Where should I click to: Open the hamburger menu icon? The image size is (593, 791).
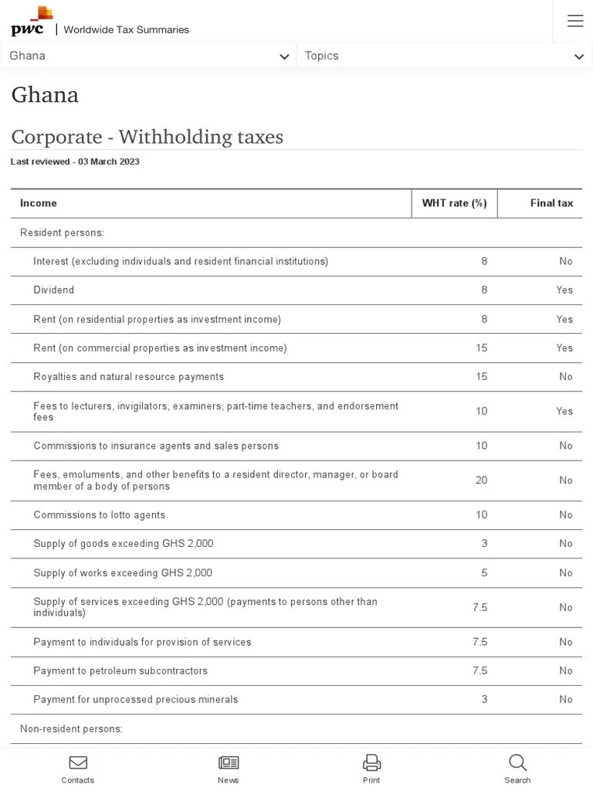(x=575, y=21)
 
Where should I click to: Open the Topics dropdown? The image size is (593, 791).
(x=444, y=56)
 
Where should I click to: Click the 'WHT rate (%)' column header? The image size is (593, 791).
(x=454, y=203)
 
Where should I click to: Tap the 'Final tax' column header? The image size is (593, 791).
(x=551, y=203)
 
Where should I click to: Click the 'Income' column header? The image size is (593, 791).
(x=39, y=203)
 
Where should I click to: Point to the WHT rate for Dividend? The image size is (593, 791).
(x=484, y=290)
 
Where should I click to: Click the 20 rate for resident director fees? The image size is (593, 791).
(x=481, y=480)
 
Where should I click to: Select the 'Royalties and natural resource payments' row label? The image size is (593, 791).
(x=129, y=377)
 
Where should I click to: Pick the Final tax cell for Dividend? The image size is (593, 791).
(x=564, y=290)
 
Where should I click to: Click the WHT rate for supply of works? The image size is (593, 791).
(x=484, y=573)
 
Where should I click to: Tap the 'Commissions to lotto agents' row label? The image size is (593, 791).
(x=100, y=515)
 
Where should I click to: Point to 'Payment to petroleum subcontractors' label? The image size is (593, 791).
(x=120, y=670)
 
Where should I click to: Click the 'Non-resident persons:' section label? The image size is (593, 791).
(x=71, y=729)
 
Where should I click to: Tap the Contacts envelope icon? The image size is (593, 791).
(x=78, y=763)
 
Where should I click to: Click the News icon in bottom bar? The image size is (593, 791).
(x=229, y=763)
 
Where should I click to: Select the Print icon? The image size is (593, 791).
(x=371, y=763)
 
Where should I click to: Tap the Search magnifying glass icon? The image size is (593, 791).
(x=517, y=763)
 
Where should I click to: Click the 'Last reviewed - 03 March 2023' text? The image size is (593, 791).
(x=75, y=162)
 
